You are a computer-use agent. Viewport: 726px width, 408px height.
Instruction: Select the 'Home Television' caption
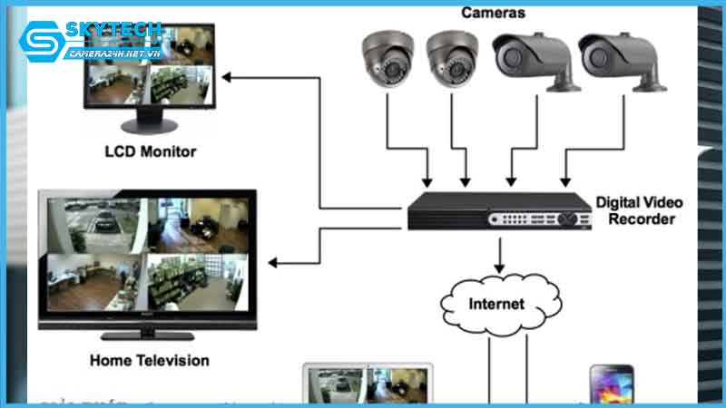(150, 360)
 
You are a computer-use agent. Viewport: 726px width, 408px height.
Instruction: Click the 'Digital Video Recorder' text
(639, 210)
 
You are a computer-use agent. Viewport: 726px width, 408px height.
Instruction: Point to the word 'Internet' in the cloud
(495, 304)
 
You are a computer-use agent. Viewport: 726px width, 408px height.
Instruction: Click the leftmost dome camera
(388, 58)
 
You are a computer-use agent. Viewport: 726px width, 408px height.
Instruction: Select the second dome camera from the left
(451, 58)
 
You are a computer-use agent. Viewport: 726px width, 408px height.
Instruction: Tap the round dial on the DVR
(571, 219)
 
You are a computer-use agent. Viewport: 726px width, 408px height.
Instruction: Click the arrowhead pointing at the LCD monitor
(226, 76)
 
